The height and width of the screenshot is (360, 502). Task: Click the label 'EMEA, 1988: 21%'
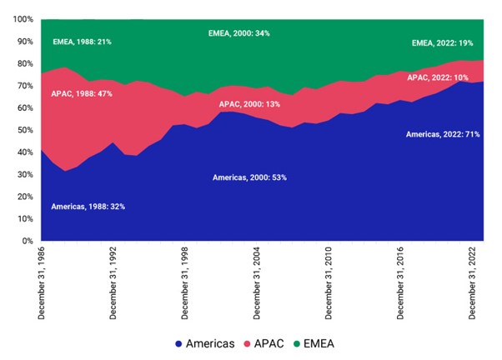pyautogui.click(x=83, y=41)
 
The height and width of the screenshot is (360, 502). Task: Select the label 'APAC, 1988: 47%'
pyautogui.click(x=83, y=94)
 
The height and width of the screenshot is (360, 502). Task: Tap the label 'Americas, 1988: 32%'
pyautogui.click(x=89, y=206)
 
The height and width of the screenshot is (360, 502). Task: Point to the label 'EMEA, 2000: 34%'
pyautogui.click(x=238, y=33)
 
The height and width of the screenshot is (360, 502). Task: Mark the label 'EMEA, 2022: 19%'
pyautogui.click(x=443, y=43)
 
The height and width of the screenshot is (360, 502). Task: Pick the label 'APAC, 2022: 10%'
pyautogui.click(x=437, y=77)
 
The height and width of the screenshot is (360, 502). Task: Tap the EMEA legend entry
pyautogui.click(x=329, y=343)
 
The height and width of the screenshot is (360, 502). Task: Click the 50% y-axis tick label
pyautogui.click(x=23, y=130)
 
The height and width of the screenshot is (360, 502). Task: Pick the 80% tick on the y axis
pyautogui.click(x=23, y=63)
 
